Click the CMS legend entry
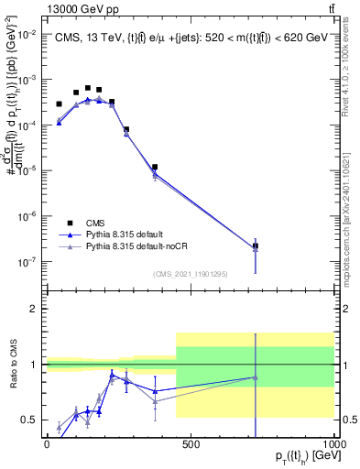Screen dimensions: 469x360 (94, 223)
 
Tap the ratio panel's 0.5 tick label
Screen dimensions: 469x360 (30, 420)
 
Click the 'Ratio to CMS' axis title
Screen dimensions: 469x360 (13, 365)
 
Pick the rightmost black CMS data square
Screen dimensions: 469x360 (256, 246)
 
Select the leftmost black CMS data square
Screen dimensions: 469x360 (60, 104)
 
